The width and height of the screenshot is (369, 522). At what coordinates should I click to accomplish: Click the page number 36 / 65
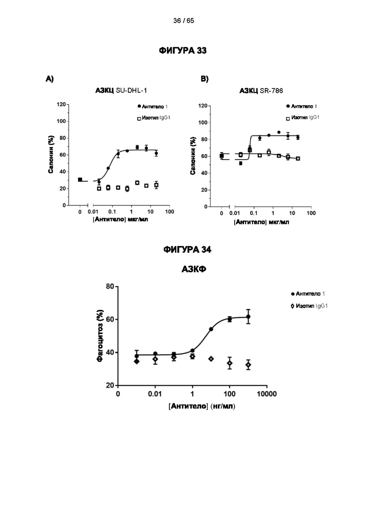point(184,21)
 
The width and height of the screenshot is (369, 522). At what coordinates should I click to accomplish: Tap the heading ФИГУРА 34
point(187,250)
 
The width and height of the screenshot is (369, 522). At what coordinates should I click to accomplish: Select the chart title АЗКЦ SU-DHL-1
point(121,90)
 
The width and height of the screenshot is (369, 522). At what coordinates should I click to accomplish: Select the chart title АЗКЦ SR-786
point(261,91)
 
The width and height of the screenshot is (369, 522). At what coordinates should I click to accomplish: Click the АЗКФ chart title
point(194,269)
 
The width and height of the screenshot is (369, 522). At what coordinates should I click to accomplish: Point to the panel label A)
point(50,79)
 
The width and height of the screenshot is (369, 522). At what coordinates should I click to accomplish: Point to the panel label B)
point(205,79)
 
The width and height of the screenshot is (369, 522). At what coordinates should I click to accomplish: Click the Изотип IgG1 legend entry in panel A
point(154,118)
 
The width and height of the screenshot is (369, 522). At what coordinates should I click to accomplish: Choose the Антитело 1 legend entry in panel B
point(301,106)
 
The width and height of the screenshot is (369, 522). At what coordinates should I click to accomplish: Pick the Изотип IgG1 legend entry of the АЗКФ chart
point(309,306)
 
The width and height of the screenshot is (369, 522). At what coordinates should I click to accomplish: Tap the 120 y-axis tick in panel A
point(61,104)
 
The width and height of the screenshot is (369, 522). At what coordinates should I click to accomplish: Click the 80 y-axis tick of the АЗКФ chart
point(110,286)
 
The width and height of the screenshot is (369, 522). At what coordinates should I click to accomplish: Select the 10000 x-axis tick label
point(266,394)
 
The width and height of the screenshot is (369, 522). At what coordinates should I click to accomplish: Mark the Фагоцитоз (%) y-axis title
point(100,336)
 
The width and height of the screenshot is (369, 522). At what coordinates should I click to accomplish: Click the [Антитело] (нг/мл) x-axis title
point(202,407)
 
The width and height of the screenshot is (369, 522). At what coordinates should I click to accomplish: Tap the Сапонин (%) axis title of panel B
point(193,156)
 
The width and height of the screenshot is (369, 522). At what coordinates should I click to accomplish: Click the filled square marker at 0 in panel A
point(80,180)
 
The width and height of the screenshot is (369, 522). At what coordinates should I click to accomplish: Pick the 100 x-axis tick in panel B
point(311,213)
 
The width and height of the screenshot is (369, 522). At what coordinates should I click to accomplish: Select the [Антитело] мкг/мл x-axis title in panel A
point(120,220)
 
